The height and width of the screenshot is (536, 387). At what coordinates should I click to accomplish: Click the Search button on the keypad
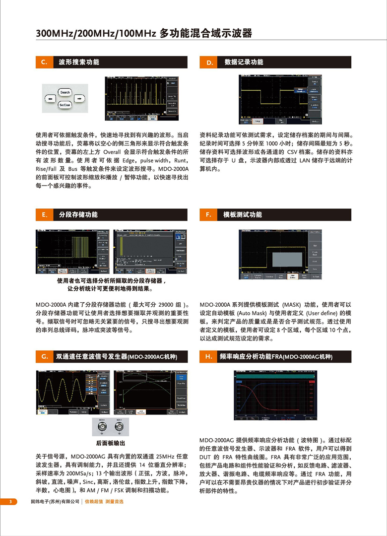point(65,92)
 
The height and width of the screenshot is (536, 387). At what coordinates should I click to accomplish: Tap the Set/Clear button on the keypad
point(65,105)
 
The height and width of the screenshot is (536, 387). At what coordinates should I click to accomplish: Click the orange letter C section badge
point(44,62)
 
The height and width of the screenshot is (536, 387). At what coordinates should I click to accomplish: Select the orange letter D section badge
point(209,62)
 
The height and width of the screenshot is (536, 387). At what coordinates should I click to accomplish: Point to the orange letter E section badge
point(44,215)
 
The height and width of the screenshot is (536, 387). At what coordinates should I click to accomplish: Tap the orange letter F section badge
point(209,215)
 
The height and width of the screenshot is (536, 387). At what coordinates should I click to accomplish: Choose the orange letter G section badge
point(44,356)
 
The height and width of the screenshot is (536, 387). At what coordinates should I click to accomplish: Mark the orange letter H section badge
point(209,356)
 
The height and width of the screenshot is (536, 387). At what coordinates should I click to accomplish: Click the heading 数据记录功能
point(244,62)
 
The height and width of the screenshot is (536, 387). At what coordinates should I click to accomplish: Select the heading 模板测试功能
point(243,215)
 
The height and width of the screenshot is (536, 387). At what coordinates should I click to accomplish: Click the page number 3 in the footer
point(10,502)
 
